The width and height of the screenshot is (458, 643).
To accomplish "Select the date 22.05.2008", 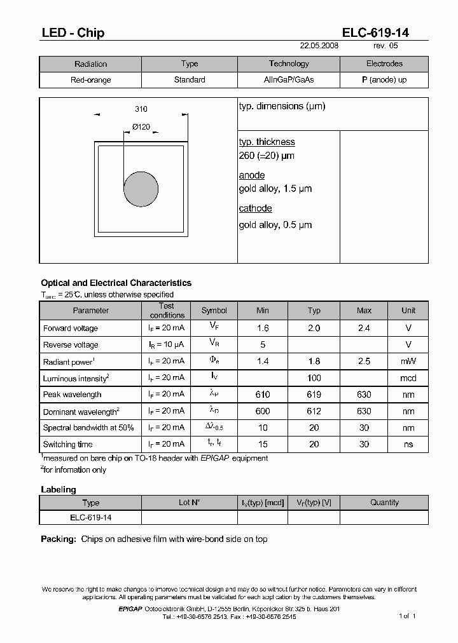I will coord(319,46).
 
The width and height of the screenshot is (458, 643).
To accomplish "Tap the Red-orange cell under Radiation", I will coord(90,80).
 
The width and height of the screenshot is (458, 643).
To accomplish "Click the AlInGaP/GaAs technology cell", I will coord(289,80).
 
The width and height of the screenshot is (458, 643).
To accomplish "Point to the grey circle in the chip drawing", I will coord(141,189).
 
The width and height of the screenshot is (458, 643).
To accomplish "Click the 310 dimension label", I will coord(141,109).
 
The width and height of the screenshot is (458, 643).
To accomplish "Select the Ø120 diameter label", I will coord(141,127).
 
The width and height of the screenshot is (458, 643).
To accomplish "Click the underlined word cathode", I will coord(255,208).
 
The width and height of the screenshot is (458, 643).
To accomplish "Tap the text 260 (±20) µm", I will coord(267,156).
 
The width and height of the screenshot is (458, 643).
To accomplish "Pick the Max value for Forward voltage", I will coord(364,328).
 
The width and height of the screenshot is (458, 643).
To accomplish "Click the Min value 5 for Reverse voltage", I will coord(262,345).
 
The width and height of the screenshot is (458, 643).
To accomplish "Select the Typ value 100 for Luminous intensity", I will coord(314,378).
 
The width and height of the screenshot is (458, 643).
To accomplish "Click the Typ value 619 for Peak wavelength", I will coord(314,395).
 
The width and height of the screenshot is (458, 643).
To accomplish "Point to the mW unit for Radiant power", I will coord(408,362).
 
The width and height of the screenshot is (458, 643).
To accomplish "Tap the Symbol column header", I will coord(214,311).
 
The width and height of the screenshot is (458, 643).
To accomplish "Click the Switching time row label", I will coord(67,444).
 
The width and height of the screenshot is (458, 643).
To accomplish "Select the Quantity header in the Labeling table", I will coord(384,503).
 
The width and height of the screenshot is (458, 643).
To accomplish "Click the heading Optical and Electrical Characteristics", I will coord(116,283).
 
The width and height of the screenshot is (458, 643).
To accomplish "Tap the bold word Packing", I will coord(59,539).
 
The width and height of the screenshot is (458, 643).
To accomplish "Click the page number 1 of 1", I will coord(407,616).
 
